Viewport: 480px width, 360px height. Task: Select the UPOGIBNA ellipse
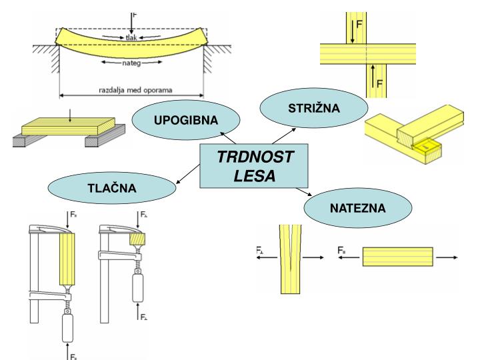[177, 120]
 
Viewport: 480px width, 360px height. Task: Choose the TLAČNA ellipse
[111, 189]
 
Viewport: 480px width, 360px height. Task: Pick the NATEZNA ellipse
[357, 208]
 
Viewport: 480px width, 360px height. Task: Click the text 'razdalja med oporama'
[131, 88]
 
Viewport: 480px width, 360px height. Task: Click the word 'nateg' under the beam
[132, 64]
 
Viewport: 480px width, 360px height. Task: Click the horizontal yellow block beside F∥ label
[398, 257]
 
